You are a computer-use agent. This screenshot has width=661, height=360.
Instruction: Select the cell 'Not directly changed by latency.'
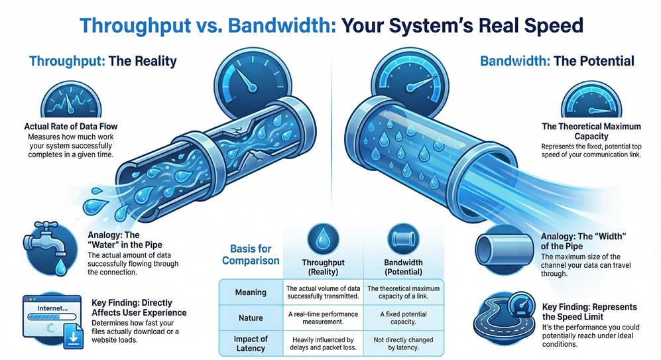tap(404, 343)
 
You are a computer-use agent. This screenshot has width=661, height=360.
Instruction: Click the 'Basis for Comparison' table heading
tap(250, 253)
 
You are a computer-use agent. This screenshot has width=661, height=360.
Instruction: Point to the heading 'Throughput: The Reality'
tap(103, 62)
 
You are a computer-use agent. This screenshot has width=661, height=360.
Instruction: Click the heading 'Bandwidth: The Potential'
tap(556, 62)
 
